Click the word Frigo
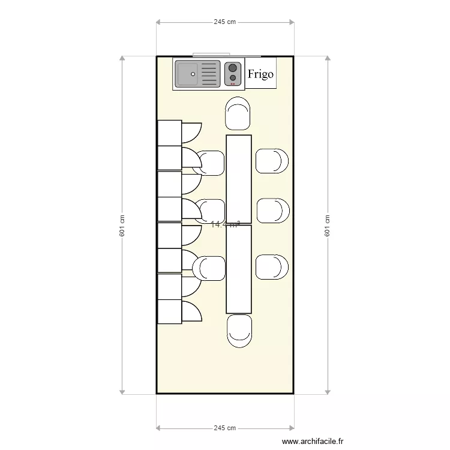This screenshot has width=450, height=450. point(260,74)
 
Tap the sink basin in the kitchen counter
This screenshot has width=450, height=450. point(187,74)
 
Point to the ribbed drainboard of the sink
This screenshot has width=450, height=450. point(209,74)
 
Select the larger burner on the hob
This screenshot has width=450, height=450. point(233,68)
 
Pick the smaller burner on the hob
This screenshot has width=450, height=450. point(233,78)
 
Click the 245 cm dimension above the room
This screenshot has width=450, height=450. point(224,22)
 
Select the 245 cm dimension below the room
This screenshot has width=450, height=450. point(224,428)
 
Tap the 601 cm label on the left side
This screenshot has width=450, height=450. point(122,226)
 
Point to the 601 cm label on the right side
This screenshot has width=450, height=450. point(328,226)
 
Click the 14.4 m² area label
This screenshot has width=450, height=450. point(225,224)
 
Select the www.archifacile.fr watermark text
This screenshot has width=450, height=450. point(313,441)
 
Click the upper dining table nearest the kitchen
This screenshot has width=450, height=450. point(238,179)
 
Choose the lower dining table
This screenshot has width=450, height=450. point(238,269)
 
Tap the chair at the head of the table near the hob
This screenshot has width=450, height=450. point(238,113)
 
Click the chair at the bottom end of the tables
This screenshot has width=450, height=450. point(239,331)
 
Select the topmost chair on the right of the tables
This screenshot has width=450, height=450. point(272,161)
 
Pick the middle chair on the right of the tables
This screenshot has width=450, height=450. point(272,211)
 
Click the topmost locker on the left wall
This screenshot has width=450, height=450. point(169,133)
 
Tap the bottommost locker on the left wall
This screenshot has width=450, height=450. point(169,312)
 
